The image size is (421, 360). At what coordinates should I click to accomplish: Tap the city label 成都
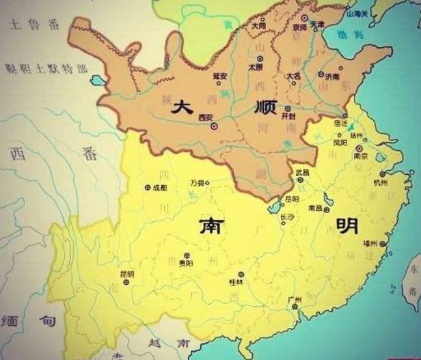point(159,186)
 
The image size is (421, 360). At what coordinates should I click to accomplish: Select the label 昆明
point(127,274)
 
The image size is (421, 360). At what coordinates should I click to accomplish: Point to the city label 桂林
point(236,281)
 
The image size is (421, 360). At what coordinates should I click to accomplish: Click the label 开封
point(290,117)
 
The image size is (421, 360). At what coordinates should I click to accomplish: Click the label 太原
point(255,68)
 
